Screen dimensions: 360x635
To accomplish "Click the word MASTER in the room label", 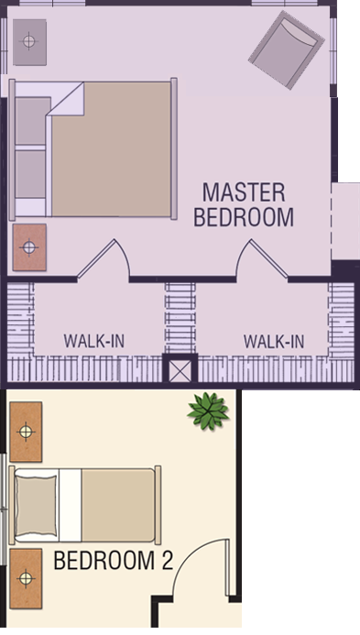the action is click(x=244, y=192).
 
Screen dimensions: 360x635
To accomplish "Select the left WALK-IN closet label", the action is click(x=94, y=342).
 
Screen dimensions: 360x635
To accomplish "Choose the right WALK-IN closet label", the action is click(x=274, y=342).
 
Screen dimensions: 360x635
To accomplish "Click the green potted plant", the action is click(x=208, y=411).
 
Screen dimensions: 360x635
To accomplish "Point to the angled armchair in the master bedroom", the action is click(x=287, y=49).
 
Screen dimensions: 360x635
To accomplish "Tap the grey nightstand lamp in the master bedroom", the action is click(x=29, y=42).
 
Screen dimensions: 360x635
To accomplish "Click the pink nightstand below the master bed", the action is click(x=29, y=247).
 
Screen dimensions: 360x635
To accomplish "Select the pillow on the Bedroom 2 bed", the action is click(x=36, y=505).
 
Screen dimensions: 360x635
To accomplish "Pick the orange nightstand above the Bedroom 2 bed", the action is click(x=26, y=432).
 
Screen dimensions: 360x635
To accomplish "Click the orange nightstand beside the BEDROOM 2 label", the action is click(x=26, y=578).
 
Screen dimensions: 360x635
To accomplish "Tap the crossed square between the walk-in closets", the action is click(x=180, y=371).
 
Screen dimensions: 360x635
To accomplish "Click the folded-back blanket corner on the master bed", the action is click(x=67, y=99).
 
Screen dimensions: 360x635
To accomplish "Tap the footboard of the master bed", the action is click(x=174, y=148).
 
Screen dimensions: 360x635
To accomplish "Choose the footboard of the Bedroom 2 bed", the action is click(x=158, y=505).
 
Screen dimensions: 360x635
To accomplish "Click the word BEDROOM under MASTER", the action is click(x=244, y=217).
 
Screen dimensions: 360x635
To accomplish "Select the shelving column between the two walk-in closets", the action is click(x=180, y=318).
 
